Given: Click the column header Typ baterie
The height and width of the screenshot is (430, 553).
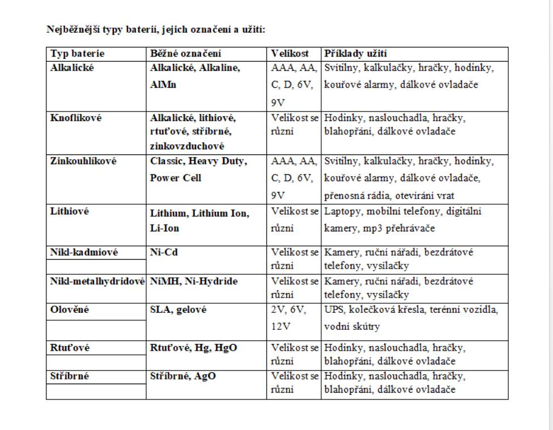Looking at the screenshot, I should (78, 54).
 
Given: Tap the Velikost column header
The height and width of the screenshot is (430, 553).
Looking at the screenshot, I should (290, 54).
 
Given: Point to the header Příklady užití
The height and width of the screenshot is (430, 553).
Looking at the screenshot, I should (355, 54).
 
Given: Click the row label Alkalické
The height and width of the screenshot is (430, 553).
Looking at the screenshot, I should (72, 68).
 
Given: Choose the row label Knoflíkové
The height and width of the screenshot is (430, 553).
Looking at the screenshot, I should (75, 118).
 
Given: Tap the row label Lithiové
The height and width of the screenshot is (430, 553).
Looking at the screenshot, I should (70, 212).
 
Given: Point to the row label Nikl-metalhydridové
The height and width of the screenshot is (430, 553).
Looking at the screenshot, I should (97, 281).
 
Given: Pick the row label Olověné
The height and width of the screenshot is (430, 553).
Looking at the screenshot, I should (70, 310).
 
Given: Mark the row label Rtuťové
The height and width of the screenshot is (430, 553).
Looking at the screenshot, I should (70, 348).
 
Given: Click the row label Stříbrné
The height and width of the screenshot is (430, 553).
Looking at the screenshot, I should (71, 376).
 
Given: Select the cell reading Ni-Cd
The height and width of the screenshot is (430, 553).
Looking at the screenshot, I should (164, 252).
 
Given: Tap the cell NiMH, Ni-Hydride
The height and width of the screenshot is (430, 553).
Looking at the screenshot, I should (194, 281).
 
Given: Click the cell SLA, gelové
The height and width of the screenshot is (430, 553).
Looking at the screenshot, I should (178, 310).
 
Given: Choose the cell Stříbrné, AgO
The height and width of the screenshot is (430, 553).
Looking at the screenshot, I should (183, 376).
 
